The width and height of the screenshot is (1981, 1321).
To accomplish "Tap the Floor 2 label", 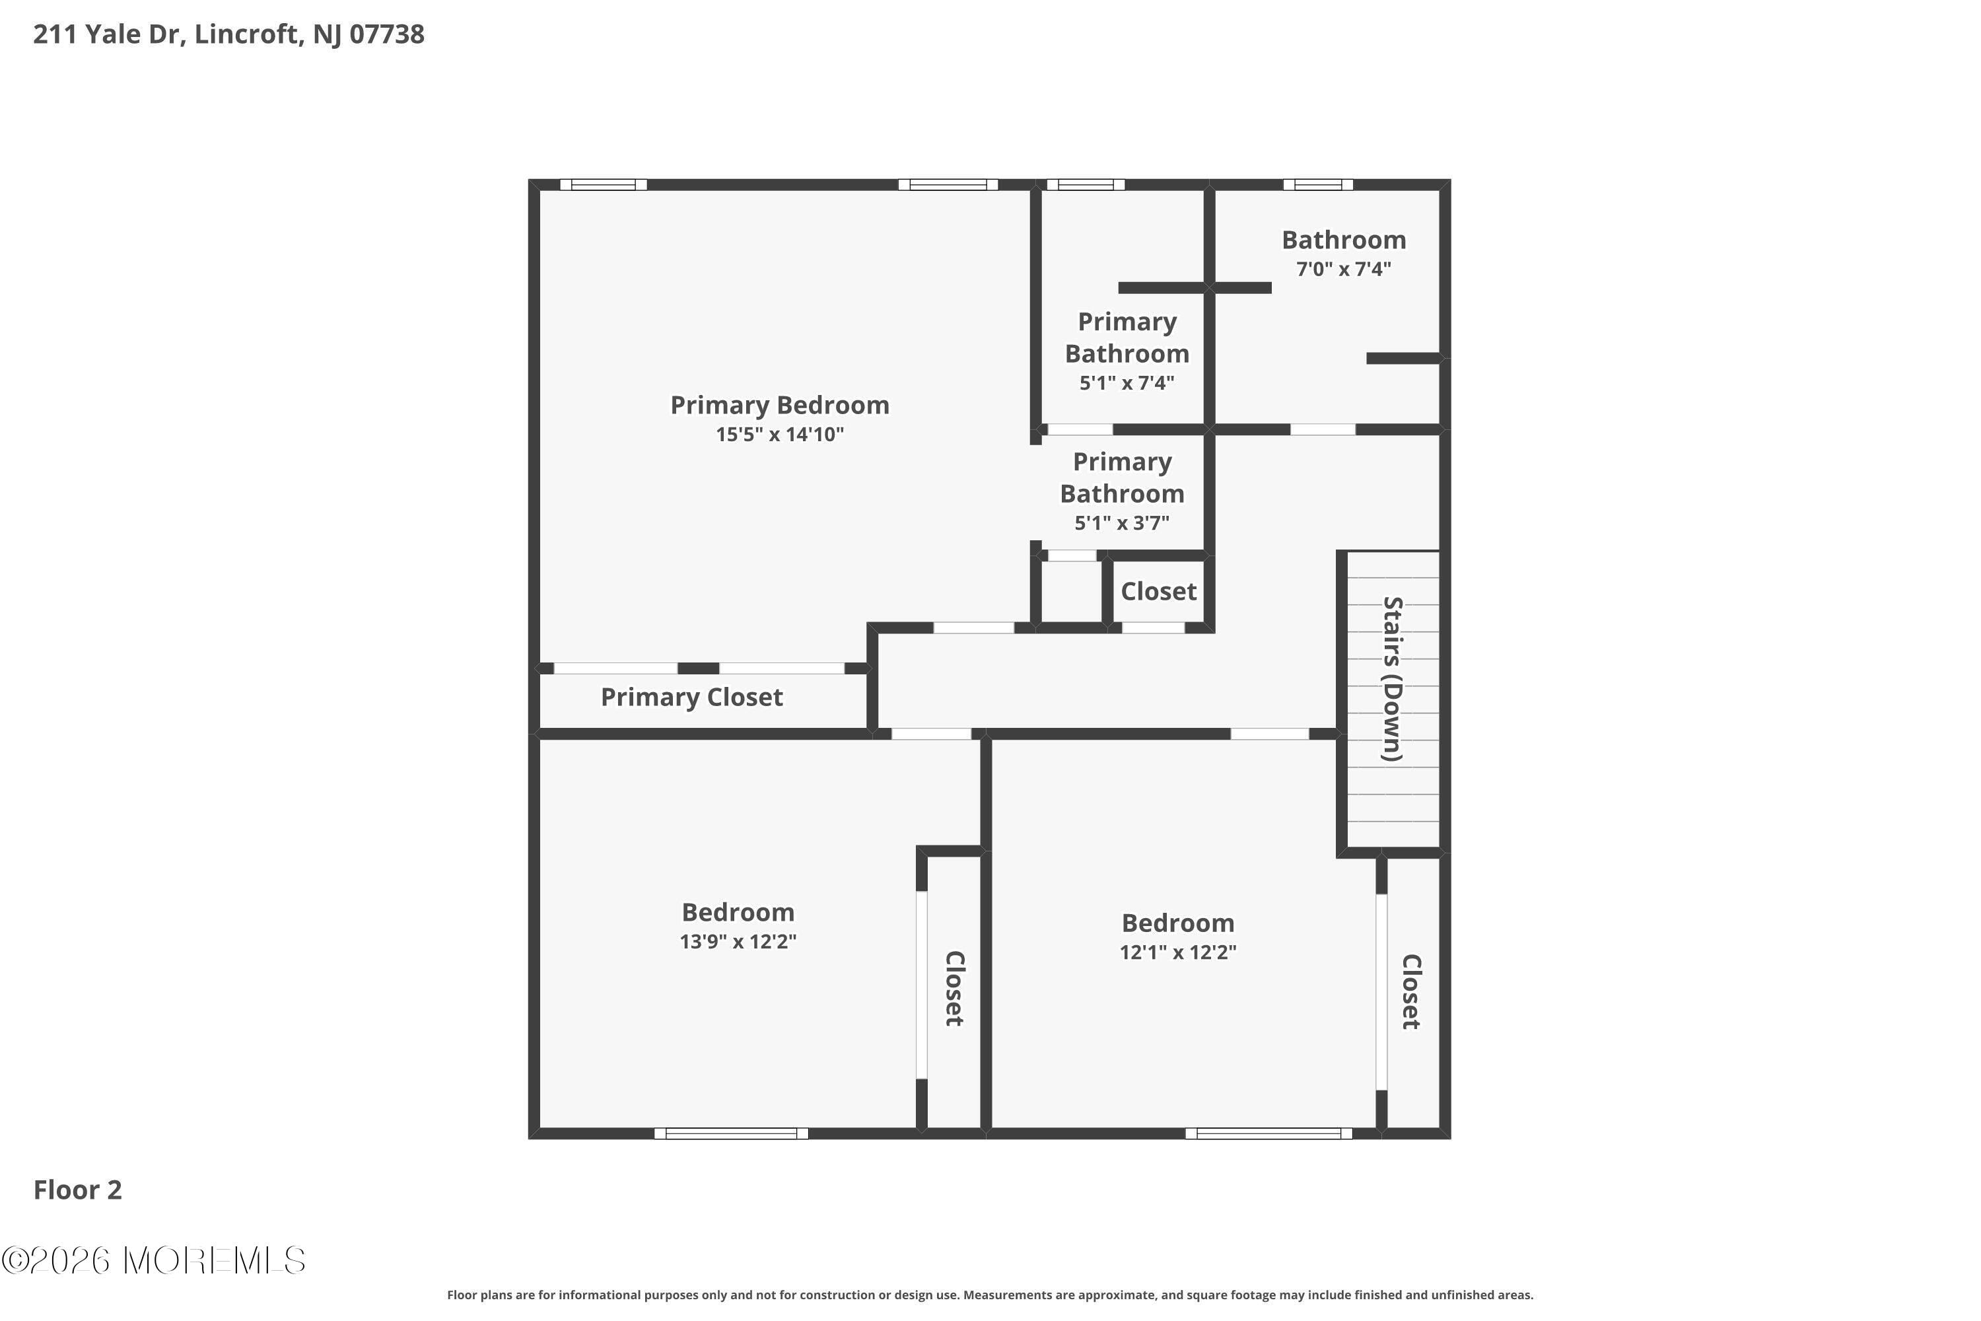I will pos(77,1190).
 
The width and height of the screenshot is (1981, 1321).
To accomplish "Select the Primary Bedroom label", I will pos(779,406).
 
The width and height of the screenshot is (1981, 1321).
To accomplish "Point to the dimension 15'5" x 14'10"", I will pos(779,435).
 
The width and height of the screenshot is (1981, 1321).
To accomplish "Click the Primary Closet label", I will pos(691,697).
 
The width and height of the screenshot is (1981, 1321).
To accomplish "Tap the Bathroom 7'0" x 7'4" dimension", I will pos(1342,269).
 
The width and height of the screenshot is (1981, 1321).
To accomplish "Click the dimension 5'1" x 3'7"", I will pos(1121,523).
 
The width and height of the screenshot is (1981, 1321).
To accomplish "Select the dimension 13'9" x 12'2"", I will pos(738,942).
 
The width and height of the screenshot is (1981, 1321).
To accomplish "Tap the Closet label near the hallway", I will pos(1158,591).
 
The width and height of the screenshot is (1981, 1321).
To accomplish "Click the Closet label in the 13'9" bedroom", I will pos(954,988).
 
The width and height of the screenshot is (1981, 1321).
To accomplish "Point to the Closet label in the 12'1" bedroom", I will pos(1410,991).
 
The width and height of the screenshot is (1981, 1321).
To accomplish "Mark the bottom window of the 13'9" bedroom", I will pos(730,1133).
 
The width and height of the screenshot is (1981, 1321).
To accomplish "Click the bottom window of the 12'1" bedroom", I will pos(1269,1133).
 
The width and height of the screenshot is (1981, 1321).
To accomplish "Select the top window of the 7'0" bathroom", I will pos(1317,184).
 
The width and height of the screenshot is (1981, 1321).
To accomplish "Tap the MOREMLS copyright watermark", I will pos(153,1260).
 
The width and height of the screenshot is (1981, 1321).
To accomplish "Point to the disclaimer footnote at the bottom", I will pos(990,1295).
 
